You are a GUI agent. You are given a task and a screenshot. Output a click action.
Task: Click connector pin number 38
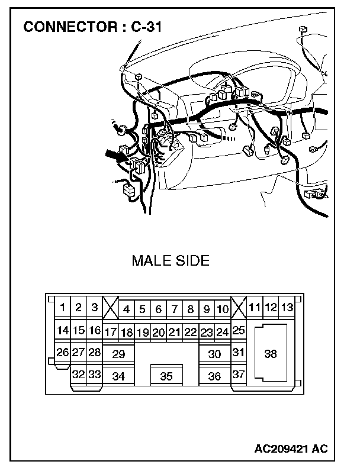coord(271,354)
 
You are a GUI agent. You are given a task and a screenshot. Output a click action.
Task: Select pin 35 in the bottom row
coord(166,376)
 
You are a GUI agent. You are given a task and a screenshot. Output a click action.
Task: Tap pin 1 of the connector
coord(62,308)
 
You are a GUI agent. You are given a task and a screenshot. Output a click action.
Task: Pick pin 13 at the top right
coord(287,307)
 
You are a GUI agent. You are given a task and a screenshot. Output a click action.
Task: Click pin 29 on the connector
coord(118,354)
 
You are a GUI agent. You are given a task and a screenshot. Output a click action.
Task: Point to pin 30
coord(214,354)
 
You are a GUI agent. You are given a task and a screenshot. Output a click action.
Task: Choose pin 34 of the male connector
coord(118,376)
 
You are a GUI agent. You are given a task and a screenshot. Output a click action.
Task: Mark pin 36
coord(214,376)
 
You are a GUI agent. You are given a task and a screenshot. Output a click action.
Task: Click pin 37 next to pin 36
coord(238,375)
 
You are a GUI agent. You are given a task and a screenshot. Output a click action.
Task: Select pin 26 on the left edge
coord(62,352)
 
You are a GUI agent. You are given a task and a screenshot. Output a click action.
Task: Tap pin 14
coord(62,330)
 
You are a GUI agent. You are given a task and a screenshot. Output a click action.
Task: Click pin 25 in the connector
coord(238,330)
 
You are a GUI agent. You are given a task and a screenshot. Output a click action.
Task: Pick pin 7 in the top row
coord(174,309)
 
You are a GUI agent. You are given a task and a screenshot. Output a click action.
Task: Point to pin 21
coord(174,332)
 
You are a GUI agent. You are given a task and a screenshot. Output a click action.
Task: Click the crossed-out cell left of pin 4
coord(110,308)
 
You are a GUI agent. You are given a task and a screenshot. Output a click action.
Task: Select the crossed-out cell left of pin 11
coord(238,308)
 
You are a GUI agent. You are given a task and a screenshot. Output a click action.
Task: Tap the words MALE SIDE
coord(171,261)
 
